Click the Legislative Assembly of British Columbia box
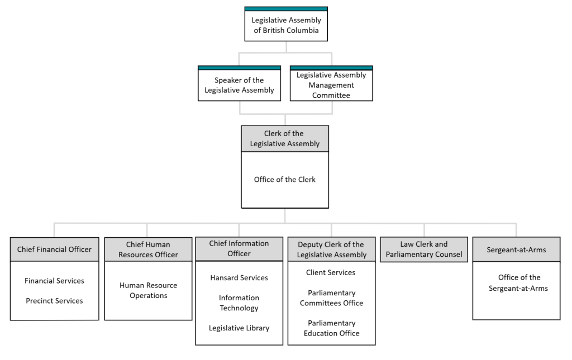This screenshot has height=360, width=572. tap(286, 25)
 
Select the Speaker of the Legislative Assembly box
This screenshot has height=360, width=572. tap(239, 85)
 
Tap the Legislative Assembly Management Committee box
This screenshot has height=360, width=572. tap(331, 85)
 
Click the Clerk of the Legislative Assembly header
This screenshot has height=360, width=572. tap(285, 138)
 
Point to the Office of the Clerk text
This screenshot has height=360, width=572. tap(285, 180)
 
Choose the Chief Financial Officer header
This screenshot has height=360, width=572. tap(54, 249)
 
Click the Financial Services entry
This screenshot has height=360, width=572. tap(54, 281)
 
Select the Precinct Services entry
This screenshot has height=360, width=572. tap(54, 301)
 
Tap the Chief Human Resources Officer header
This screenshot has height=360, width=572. tap(148, 249)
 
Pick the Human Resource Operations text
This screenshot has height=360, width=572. tap(148, 290)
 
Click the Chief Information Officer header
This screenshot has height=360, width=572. tap(239, 249)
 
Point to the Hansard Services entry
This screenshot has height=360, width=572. tap(239, 278)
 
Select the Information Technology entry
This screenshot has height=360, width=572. tap(239, 303)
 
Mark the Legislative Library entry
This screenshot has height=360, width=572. tap(239, 328)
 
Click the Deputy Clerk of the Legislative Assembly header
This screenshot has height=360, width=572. tap(331, 249)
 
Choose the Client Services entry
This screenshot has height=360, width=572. tap(331, 273)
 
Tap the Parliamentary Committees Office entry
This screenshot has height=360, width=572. tap(331, 298)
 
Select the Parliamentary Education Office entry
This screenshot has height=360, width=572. tap(331, 328)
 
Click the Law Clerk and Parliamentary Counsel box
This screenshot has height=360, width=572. tap(424, 249)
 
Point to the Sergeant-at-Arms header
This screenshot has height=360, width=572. tap(516, 249)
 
